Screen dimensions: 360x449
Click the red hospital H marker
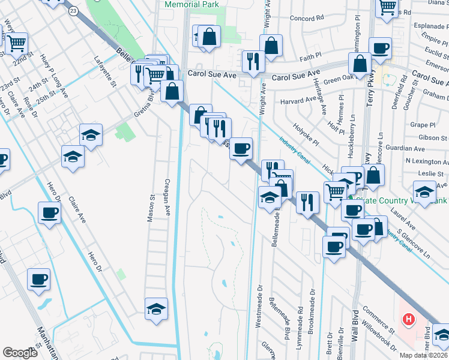click(409, 319)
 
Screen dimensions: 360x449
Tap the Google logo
click(20, 352)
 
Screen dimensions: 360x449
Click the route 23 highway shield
click(73, 11)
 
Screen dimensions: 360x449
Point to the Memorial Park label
click(191, 4)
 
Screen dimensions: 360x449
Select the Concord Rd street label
click(306, 18)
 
